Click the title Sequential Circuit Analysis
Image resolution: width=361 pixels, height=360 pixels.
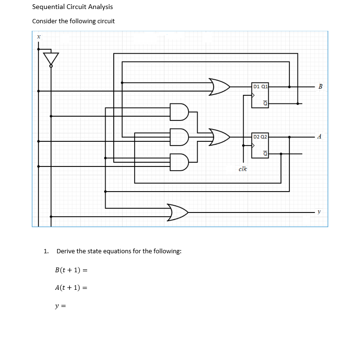coord(72,7)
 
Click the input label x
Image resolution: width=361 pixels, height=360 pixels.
coord(39,36)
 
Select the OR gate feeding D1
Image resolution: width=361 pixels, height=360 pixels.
coord(219,87)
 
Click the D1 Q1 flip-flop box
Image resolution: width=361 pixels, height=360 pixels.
coord(260,95)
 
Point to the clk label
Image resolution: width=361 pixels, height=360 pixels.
coord(243,169)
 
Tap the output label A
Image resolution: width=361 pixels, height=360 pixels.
coord(320,137)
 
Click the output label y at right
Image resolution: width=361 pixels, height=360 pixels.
coord(319,212)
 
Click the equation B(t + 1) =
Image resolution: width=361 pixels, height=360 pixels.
coord(72,270)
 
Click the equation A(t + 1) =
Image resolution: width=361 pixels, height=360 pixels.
coord(72,287)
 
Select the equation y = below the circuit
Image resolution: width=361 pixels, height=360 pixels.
coord(60,306)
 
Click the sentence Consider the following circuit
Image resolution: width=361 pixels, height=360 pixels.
coord(73,21)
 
